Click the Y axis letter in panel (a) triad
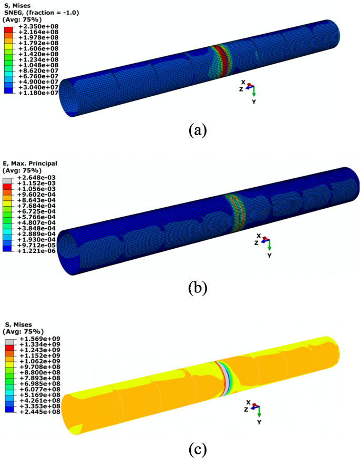(x=253, y=101)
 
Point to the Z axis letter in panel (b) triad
(x=256, y=243)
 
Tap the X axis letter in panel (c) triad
(x=246, y=402)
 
